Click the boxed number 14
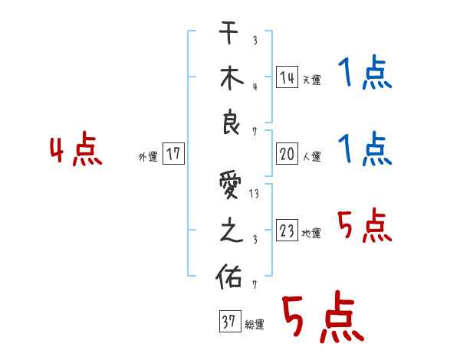coord(287,77)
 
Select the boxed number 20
coord(287,154)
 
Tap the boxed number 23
coord(287,231)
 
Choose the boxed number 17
coord(173,154)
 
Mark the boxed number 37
coord(228,322)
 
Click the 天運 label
coord(311,80)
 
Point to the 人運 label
coord(311,157)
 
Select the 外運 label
coord(148,156)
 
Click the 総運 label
coord(254,325)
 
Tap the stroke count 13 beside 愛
coord(254,195)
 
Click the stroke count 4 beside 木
coord(254,85)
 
